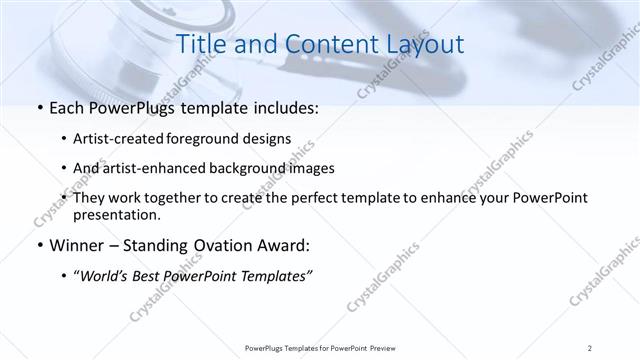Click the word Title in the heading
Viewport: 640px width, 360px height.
(x=199, y=45)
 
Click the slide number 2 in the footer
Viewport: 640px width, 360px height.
(x=591, y=348)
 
